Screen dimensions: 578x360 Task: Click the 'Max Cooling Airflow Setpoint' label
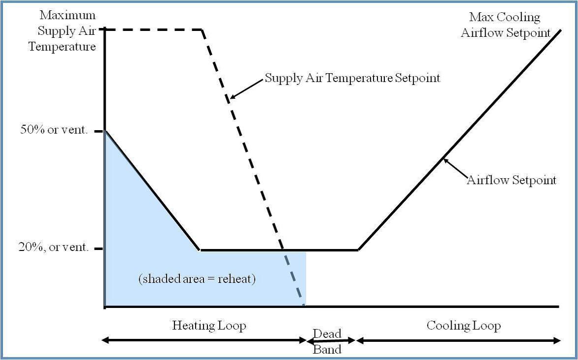coord(505,25)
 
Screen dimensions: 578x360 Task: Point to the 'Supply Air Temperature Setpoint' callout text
coord(352,79)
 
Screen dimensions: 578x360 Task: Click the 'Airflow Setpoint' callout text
coord(512,181)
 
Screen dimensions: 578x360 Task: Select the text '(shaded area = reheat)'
coord(197,279)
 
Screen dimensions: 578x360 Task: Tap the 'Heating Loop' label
coord(209,326)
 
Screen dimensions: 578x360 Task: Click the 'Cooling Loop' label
coord(464,326)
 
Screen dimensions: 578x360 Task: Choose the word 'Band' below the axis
coord(327,349)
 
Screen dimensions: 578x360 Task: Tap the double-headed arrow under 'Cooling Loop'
coord(458,341)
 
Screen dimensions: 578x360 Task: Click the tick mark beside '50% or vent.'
coord(99,131)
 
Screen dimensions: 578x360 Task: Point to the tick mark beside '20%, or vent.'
coord(99,249)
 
